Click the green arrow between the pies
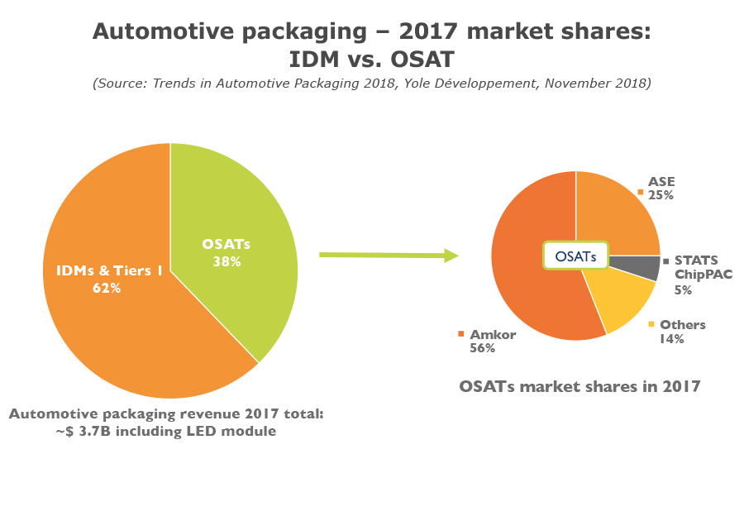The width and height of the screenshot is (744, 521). point(389,255)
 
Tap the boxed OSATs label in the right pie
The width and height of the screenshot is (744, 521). point(575,256)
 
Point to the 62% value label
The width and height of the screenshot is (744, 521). point(107,289)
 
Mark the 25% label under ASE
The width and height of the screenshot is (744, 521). point(661,196)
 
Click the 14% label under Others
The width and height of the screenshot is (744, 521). point(671,338)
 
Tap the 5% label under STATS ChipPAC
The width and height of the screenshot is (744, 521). point(683,290)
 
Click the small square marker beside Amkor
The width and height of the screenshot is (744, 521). point(460,335)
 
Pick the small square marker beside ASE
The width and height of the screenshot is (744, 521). point(641,191)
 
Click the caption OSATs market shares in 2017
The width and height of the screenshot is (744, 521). point(579,386)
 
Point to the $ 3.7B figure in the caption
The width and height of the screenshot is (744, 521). point(83,430)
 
